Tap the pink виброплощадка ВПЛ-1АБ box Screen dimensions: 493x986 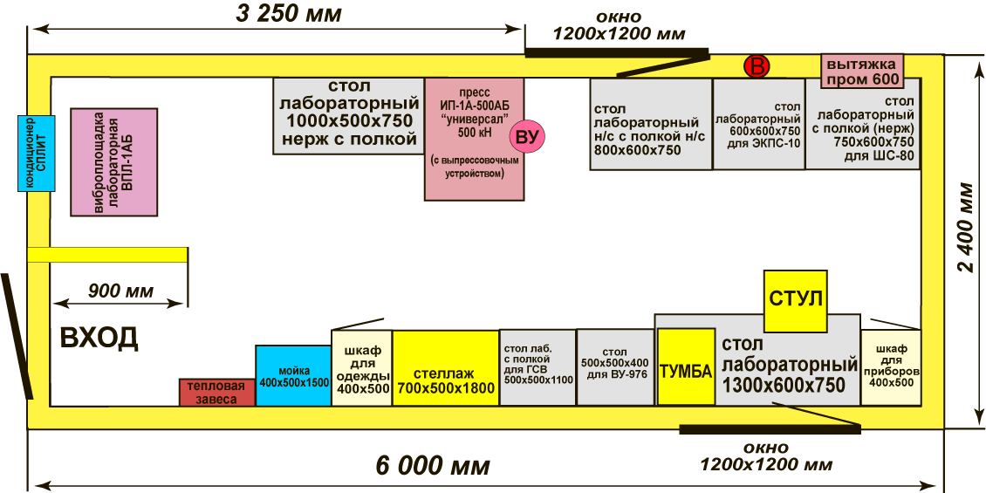pyautogui.click(x=113, y=162)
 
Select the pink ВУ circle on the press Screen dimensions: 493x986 pyautogui.click(x=527, y=137)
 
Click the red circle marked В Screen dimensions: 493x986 pyautogui.click(x=757, y=66)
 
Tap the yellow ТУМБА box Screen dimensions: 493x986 pyautogui.click(x=685, y=367)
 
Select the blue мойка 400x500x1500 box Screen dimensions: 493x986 pyautogui.click(x=293, y=376)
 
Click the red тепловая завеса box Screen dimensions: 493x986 pyautogui.click(x=217, y=393)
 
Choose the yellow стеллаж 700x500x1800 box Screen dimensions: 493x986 pyautogui.click(x=445, y=367)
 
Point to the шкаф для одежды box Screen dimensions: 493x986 pyautogui.click(x=361, y=367)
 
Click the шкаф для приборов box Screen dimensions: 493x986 pyautogui.click(x=891, y=366)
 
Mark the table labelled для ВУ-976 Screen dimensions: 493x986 pyautogui.click(x=616, y=367)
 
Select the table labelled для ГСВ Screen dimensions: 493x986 pyautogui.click(x=538, y=367)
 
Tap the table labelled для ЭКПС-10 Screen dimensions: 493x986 pyautogui.click(x=758, y=123)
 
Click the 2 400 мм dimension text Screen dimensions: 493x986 pyautogui.click(x=966, y=227)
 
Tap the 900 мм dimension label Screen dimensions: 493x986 pyautogui.click(x=120, y=291)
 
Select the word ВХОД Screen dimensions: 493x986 pyautogui.click(x=99, y=338)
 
